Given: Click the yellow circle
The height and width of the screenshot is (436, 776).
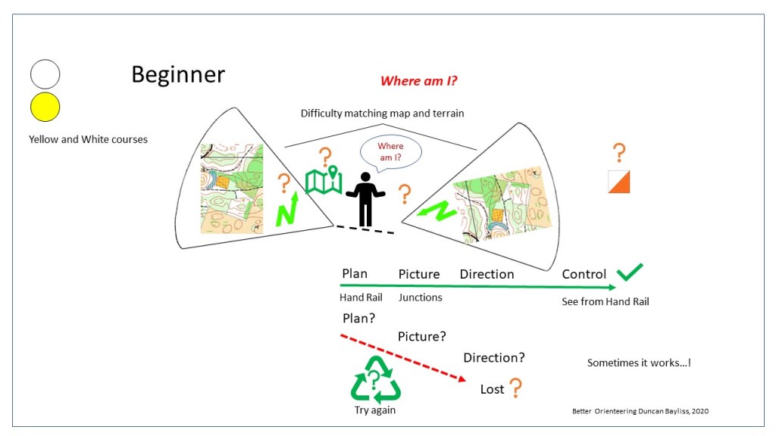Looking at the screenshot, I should [x=45, y=107].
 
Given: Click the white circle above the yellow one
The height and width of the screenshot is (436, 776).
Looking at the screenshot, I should [x=45, y=74].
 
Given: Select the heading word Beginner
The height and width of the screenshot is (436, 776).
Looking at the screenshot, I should [x=178, y=74].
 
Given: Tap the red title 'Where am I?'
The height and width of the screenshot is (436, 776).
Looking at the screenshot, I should [x=419, y=81].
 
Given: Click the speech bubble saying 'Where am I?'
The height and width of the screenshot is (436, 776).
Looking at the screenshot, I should [x=390, y=151].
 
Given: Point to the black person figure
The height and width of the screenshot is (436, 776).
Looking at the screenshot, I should [x=366, y=199].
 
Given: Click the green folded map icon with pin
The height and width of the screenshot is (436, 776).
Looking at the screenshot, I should [x=324, y=180].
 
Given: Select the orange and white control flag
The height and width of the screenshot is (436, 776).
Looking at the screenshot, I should [x=619, y=182].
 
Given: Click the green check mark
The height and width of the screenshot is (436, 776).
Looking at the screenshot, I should [x=629, y=272].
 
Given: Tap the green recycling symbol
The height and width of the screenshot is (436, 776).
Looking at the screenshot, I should [x=375, y=379].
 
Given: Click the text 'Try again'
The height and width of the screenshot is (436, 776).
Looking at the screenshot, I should [x=375, y=410].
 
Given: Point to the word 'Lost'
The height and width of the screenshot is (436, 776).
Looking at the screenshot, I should [x=492, y=389].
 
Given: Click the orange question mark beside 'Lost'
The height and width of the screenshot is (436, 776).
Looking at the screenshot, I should [x=515, y=388].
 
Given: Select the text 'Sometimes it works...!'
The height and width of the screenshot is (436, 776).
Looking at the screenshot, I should [x=639, y=363].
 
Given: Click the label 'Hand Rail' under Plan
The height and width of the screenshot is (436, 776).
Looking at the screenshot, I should [x=361, y=297].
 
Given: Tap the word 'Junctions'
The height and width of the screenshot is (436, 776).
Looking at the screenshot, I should [x=420, y=297].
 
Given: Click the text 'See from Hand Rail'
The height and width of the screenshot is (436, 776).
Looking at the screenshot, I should [x=605, y=301].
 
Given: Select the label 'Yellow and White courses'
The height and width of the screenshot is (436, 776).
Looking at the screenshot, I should [x=88, y=139].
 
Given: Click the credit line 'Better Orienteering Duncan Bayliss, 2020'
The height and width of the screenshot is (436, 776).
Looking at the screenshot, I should [x=640, y=411].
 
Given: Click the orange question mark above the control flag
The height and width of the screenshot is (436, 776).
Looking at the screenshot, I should [x=619, y=153].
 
